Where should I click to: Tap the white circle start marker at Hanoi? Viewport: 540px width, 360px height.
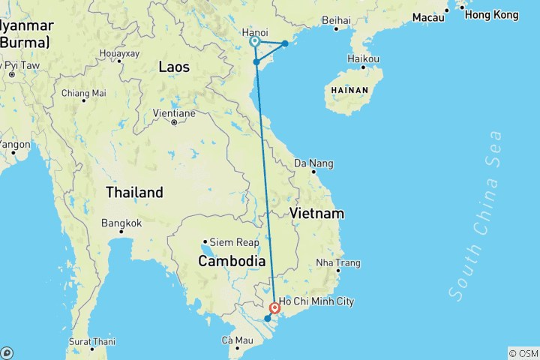point(255,42)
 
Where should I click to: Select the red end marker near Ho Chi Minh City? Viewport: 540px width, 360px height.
point(275,307)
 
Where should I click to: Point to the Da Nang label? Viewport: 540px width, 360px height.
point(314,163)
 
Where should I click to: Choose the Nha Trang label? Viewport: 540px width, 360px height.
point(338,263)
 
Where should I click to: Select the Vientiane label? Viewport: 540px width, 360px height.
point(175,113)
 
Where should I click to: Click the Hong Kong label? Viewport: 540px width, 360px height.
point(491,14)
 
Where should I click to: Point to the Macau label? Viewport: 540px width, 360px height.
point(428,16)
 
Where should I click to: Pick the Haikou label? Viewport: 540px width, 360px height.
point(364,58)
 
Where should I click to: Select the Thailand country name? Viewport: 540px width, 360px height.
point(134,192)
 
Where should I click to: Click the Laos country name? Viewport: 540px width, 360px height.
point(174,67)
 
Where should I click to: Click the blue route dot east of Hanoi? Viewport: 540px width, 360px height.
point(284,43)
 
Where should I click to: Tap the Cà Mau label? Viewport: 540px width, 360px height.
point(237,340)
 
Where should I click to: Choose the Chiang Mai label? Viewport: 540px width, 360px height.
point(83,94)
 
